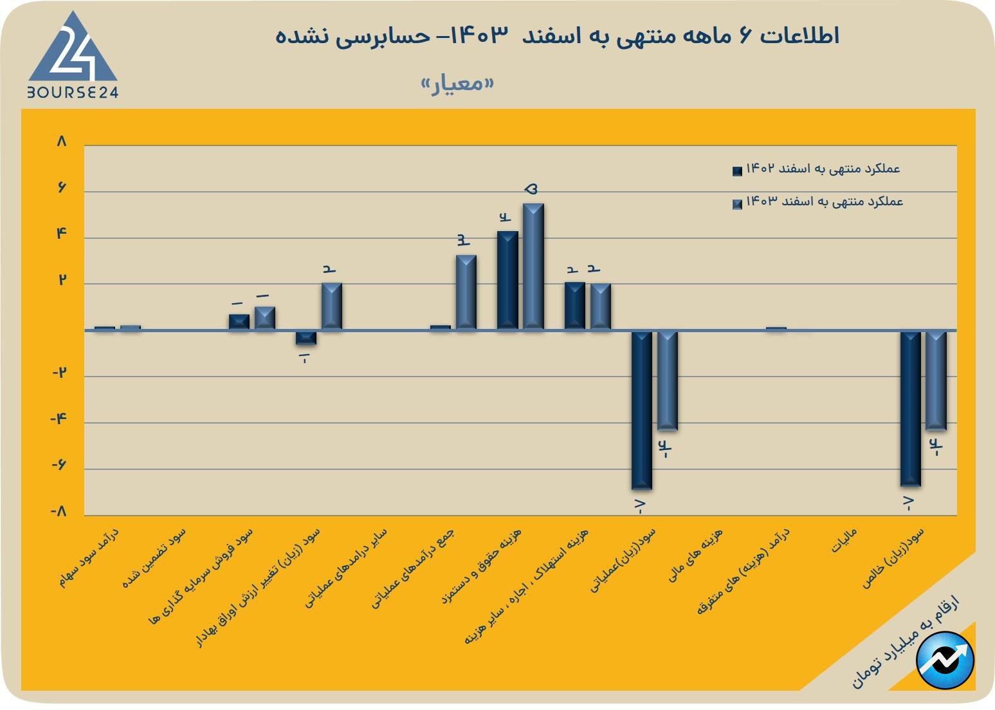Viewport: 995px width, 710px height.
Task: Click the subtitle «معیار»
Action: (x=457, y=84)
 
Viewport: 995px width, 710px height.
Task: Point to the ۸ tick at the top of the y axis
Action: (x=62, y=142)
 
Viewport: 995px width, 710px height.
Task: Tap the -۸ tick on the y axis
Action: (x=59, y=512)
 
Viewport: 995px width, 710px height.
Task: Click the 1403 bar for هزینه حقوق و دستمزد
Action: (x=533, y=266)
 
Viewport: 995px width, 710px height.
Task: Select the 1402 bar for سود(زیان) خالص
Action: (x=910, y=408)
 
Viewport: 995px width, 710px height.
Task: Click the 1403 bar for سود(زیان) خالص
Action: (x=936, y=380)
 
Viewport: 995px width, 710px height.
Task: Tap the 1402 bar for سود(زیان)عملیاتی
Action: (x=641, y=409)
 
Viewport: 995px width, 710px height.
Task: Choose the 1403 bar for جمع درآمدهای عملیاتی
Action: (x=466, y=292)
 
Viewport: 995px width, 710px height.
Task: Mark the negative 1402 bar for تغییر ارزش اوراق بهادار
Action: (x=306, y=337)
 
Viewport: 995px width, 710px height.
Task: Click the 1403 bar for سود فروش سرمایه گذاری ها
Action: (x=265, y=318)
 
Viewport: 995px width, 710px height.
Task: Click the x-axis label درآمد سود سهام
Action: (x=90, y=557)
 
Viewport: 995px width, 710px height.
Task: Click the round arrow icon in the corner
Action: (x=945, y=660)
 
